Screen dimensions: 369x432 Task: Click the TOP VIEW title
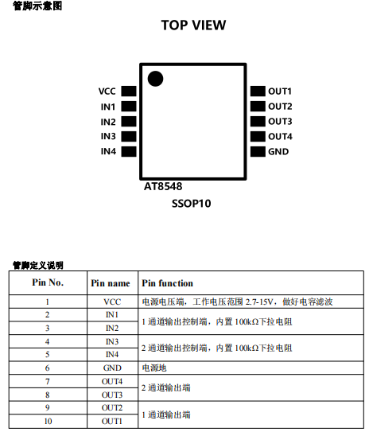click(x=193, y=25)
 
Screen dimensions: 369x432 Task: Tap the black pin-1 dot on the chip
click(x=155, y=79)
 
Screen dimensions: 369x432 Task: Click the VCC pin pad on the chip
click(x=129, y=91)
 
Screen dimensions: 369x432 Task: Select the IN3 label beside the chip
click(x=108, y=136)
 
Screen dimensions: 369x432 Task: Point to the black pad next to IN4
click(x=129, y=151)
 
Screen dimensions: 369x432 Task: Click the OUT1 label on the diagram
click(x=280, y=91)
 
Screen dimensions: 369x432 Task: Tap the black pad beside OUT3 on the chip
click(x=258, y=121)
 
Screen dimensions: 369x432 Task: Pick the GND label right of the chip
click(x=278, y=151)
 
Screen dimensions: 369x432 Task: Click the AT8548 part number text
click(x=163, y=186)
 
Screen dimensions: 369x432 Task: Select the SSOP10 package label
click(x=192, y=204)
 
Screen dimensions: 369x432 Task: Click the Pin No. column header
click(x=48, y=282)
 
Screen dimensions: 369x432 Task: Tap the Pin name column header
click(x=111, y=283)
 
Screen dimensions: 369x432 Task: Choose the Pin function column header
click(x=168, y=283)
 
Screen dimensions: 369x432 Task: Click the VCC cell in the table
click(x=112, y=302)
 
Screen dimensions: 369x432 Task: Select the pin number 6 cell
click(x=48, y=368)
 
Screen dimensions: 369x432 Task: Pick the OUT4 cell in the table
click(x=112, y=381)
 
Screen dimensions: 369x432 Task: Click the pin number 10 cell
click(x=48, y=421)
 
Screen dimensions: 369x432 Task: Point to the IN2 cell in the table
click(x=112, y=328)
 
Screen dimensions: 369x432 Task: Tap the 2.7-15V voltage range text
click(x=259, y=302)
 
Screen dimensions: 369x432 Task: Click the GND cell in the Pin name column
click(x=112, y=368)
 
